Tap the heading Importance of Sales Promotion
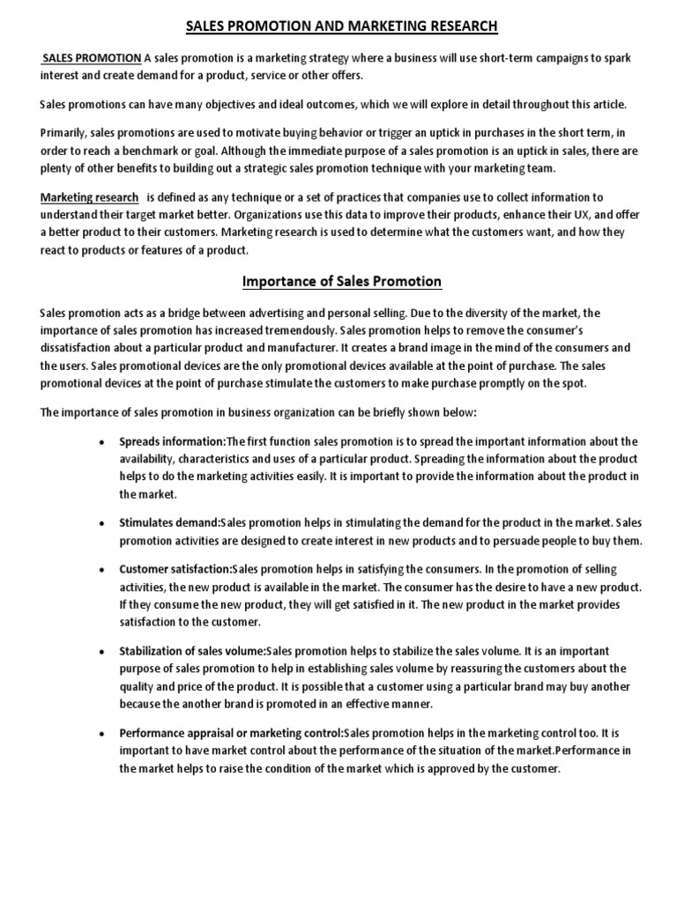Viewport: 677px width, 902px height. (342, 282)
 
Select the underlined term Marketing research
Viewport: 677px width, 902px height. (89, 197)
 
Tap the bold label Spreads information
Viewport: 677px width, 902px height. (172, 441)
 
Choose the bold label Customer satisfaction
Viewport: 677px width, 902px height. (175, 569)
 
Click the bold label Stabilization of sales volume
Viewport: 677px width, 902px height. (191, 651)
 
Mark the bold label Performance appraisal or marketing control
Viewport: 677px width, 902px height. (231, 733)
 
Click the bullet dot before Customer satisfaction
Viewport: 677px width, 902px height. (104, 570)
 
